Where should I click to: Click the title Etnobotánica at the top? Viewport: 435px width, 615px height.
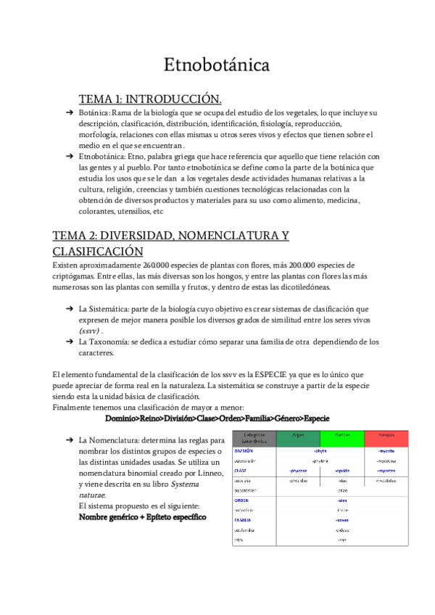pyautogui.click(x=217, y=65)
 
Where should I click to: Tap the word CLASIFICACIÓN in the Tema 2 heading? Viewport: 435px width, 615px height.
pyautogui.click(x=98, y=252)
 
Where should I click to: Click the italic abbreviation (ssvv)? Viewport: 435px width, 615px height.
pyautogui.click(x=90, y=331)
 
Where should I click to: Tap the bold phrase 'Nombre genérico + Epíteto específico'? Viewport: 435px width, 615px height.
pyautogui.click(x=142, y=517)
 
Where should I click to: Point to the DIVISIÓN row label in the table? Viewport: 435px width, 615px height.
pyautogui.click(x=244, y=450)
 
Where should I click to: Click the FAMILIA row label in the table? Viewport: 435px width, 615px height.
pyautogui.click(x=243, y=520)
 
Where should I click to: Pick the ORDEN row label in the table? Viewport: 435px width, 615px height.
pyautogui.click(x=241, y=500)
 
